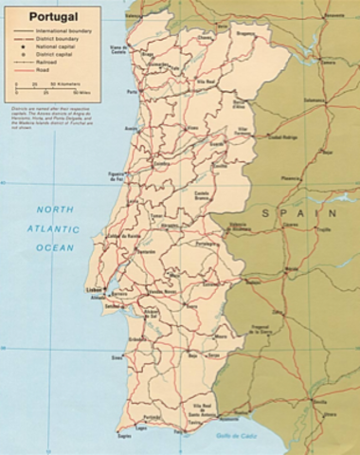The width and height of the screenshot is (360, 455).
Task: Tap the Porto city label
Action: point(127,93)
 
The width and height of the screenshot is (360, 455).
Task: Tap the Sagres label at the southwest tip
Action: point(122,436)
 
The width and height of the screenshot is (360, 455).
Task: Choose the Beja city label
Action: point(193,356)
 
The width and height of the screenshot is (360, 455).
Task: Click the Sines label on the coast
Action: point(117,358)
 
